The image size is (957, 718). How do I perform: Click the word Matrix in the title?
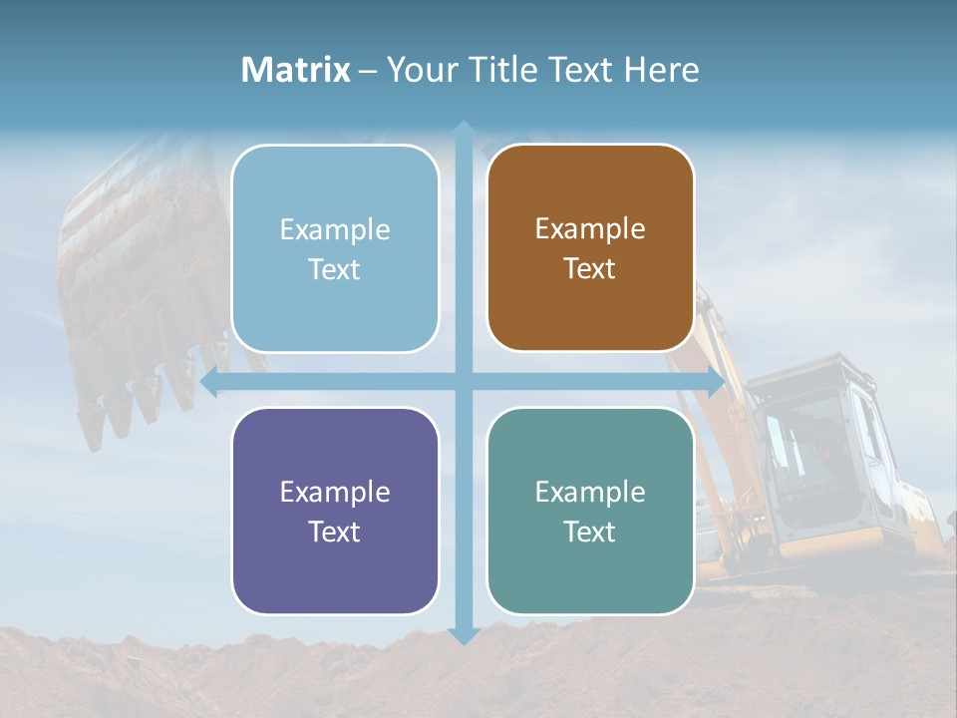click(296, 70)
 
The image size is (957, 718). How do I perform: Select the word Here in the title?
click(662, 70)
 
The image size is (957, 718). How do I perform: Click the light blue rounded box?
click(335, 248)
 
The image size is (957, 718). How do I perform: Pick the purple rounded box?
click(335, 511)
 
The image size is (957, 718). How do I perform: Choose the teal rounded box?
click(590, 511)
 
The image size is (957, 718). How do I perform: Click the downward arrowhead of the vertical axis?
click(464, 635)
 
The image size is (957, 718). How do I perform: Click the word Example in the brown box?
click(590, 228)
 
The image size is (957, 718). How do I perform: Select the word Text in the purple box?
click(335, 532)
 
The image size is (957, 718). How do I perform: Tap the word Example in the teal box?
click(590, 492)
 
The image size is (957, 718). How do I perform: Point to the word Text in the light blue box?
click(335, 269)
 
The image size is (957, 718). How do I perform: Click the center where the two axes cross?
click(464, 382)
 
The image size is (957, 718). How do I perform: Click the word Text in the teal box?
click(590, 532)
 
